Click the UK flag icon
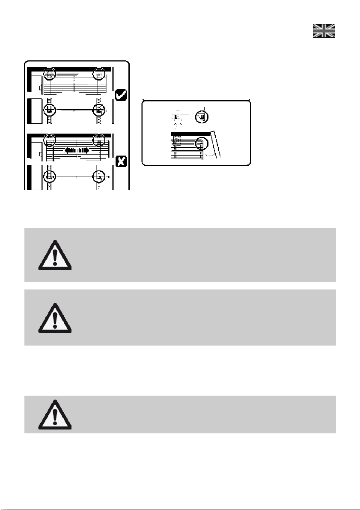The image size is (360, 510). pos(324,30)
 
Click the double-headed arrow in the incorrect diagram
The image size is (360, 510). pos(77,151)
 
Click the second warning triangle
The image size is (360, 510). pos(54,318)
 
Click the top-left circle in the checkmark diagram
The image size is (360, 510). pos(50,74)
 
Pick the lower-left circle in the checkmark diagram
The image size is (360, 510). pos(50,110)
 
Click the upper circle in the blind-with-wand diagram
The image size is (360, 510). pos(201,116)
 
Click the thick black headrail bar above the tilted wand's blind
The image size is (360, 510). pos(190,134)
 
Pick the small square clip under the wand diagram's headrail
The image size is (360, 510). pos(176,140)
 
